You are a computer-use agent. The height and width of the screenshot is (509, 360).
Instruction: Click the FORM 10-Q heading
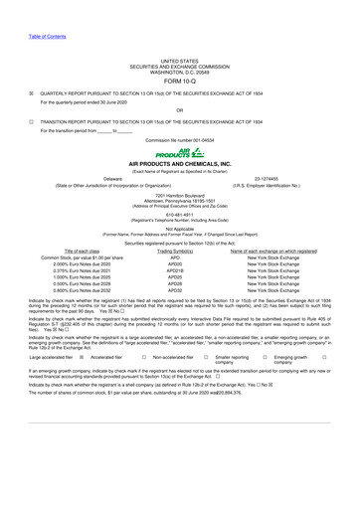coord(179,54)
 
